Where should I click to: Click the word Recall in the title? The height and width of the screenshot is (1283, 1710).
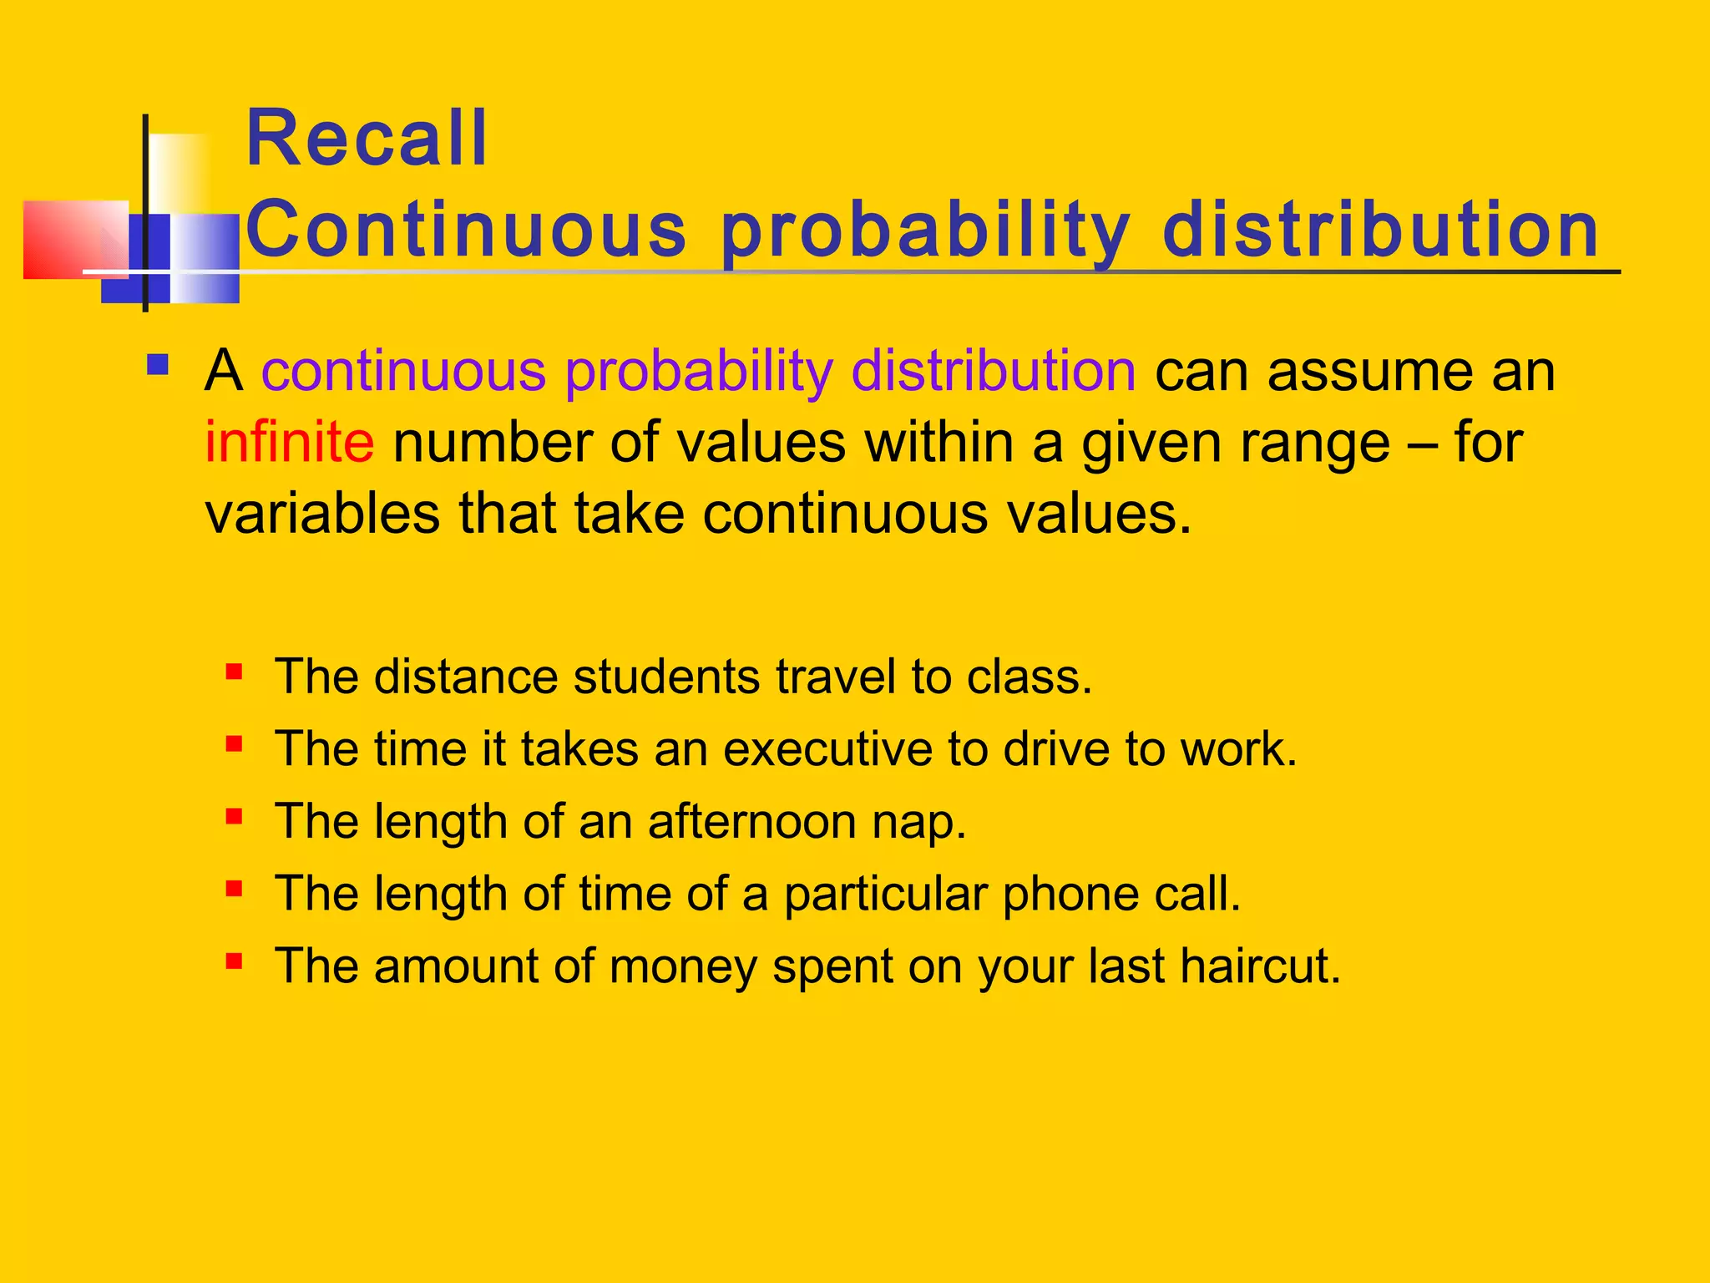pyautogui.click(x=367, y=139)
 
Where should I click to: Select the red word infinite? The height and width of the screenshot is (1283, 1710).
pyautogui.click(x=289, y=442)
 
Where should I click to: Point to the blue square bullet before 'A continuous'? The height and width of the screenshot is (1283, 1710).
pyautogui.click(x=157, y=365)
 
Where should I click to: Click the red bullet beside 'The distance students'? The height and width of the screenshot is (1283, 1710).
pyautogui.click(x=234, y=672)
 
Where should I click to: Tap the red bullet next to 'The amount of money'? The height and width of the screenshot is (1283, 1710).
pyautogui.click(x=234, y=961)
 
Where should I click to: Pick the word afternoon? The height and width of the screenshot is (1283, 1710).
pyautogui.click(x=751, y=821)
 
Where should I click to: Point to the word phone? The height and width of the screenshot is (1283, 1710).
pyautogui.click(x=1070, y=894)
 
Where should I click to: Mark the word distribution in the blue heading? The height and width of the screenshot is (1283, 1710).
pyautogui.click(x=1380, y=230)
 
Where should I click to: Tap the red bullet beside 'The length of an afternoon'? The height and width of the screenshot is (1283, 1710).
pyautogui.click(x=234, y=816)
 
